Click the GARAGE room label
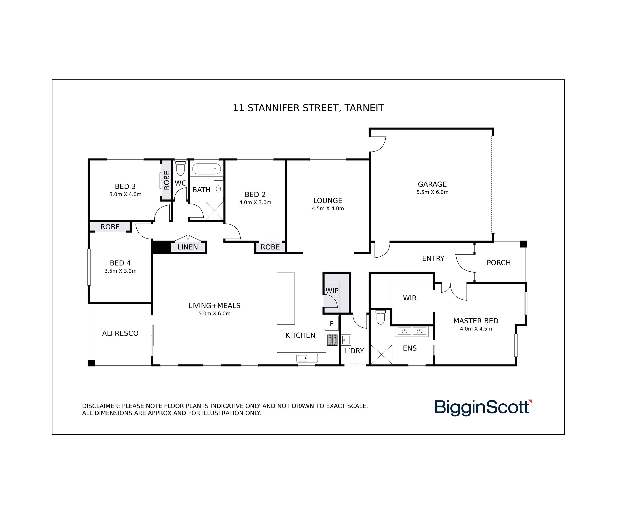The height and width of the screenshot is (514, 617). click(432, 184)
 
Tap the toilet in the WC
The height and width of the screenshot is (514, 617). click(180, 169)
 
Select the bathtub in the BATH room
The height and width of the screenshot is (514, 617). click(206, 169)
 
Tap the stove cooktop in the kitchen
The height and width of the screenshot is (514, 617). click(332, 340)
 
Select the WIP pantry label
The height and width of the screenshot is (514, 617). click(332, 291)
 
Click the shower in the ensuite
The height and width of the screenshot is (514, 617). click(381, 354)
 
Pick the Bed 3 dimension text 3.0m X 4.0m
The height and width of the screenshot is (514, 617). click(125, 194)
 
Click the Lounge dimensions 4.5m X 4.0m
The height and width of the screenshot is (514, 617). click(328, 208)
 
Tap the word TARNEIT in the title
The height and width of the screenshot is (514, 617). click(364, 108)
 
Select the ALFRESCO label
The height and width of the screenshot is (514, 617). click(120, 333)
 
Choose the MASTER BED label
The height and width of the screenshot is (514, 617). click(476, 321)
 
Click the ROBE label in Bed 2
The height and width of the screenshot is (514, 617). click(270, 247)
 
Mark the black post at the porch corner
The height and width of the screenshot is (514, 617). click(523, 244)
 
